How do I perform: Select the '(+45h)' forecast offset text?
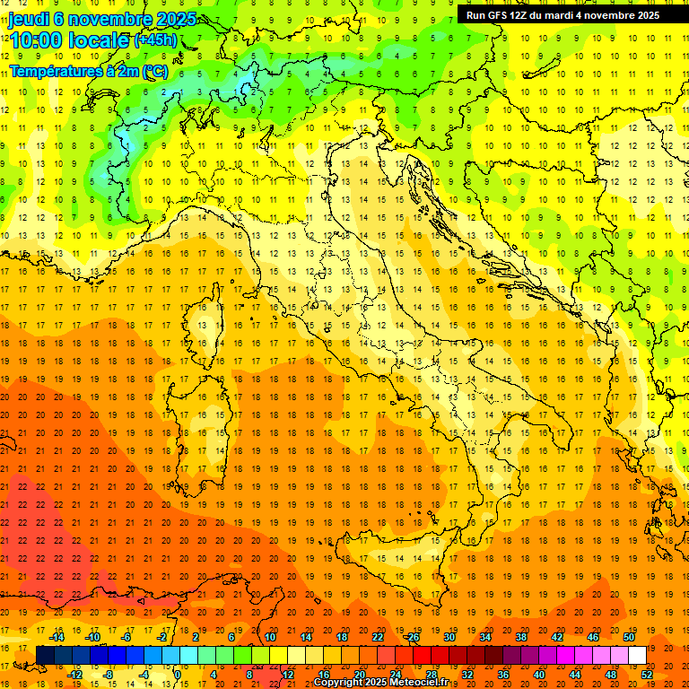pyautogui.click(x=155, y=39)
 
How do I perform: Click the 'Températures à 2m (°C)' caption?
pyautogui.click(x=89, y=71)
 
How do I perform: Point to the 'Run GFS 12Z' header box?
pyautogui.click(x=563, y=14)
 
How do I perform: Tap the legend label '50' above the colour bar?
pyautogui.click(x=629, y=637)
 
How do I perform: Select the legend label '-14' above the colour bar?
pyautogui.click(x=57, y=637)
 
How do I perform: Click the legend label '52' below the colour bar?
pyautogui.click(x=647, y=675)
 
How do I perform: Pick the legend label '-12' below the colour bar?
pyautogui.click(x=75, y=675)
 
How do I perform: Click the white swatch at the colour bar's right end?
pyautogui.click(x=638, y=656)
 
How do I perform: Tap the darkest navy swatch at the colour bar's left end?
pyautogui.click(x=45, y=656)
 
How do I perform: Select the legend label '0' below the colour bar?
pyautogui.click(x=178, y=675)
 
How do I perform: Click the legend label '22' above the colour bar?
pyautogui.click(x=378, y=637)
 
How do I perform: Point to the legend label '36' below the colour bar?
pyautogui.click(x=503, y=675)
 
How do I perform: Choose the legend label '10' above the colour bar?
pyautogui.click(x=270, y=637)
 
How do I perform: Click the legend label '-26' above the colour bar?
pyautogui.click(x=412, y=637)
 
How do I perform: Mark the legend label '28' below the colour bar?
pyautogui.click(x=432, y=675)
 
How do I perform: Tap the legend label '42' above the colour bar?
pyautogui.click(x=557, y=637)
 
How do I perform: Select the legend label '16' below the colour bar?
pyautogui.click(x=324, y=675)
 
